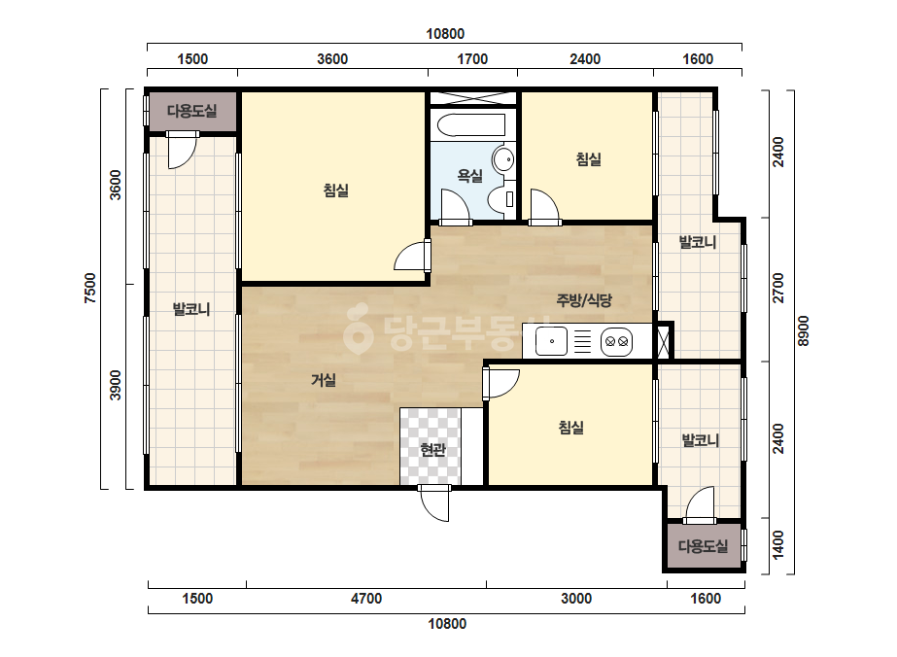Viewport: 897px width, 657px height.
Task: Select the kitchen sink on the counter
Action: tap(551, 341)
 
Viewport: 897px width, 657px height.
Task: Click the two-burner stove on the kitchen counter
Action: tap(617, 342)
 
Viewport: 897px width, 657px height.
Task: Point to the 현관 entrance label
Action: tap(432, 450)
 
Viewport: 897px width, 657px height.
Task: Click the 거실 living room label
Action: tap(324, 379)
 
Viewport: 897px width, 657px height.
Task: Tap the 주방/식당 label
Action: tap(584, 299)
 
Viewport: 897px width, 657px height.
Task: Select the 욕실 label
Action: tap(469, 176)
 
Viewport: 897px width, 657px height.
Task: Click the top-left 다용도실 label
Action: tap(192, 111)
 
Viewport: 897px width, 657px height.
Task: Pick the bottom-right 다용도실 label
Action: tap(703, 546)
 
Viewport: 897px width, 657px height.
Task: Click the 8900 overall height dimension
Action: tap(803, 330)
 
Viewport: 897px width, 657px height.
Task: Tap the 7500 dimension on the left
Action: tap(90, 288)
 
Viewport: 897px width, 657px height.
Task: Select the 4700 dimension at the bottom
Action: tap(366, 599)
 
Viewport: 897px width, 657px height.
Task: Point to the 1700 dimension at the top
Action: tap(472, 59)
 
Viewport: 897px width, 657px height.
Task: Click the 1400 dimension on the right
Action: tap(778, 545)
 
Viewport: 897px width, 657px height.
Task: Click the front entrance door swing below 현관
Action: tap(434, 503)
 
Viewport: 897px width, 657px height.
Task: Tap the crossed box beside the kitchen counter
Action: tap(663, 342)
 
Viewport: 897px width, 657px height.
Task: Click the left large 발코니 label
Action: tap(191, 310)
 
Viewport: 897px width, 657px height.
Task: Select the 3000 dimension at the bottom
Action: tap(576, 599)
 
